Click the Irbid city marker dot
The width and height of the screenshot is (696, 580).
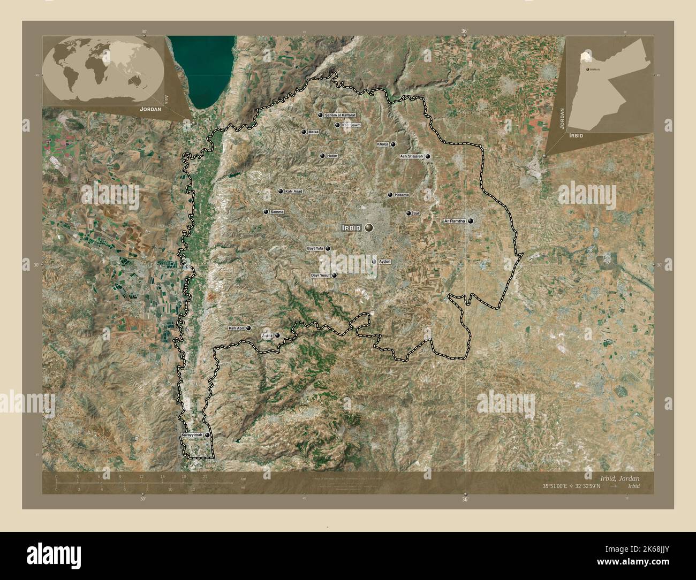click(x=369, y=228)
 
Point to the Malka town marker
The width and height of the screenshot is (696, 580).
click(x=304, y=132)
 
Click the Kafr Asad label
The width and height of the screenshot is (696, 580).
click(x=294, y=192)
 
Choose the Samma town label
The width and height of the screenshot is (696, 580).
click(x=277, y=212)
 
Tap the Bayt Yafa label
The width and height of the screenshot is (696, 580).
click(x=315, y=249)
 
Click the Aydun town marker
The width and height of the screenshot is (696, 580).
click(x=374, y=261)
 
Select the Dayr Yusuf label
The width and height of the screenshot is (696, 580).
click(x=321, y=276)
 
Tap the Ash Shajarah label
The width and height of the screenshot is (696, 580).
click(x=412, y=156)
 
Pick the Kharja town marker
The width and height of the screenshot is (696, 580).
click(x=393, y=144)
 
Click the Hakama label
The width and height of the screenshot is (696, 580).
click(x=401, y=195)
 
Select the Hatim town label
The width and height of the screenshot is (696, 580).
click(x=332, y=156)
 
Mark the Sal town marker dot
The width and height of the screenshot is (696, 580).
click(x=408, y=213)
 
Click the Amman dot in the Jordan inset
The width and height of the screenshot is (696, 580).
click(x=587, y=70)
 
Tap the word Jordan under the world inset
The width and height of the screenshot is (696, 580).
click(x=149, y=109)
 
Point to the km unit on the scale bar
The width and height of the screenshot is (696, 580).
click(x=243, y=478)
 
